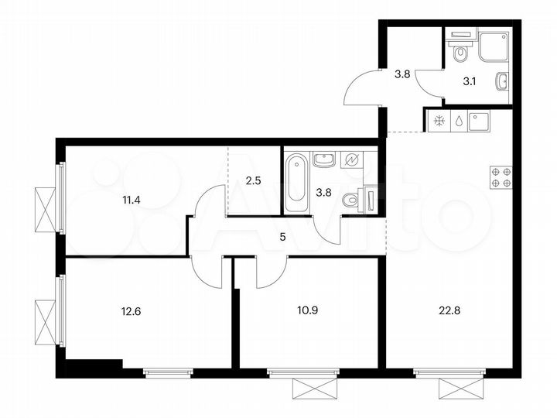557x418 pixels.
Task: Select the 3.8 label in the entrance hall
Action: tap(402, 74)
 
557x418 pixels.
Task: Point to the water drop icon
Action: tap(460, 121)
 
